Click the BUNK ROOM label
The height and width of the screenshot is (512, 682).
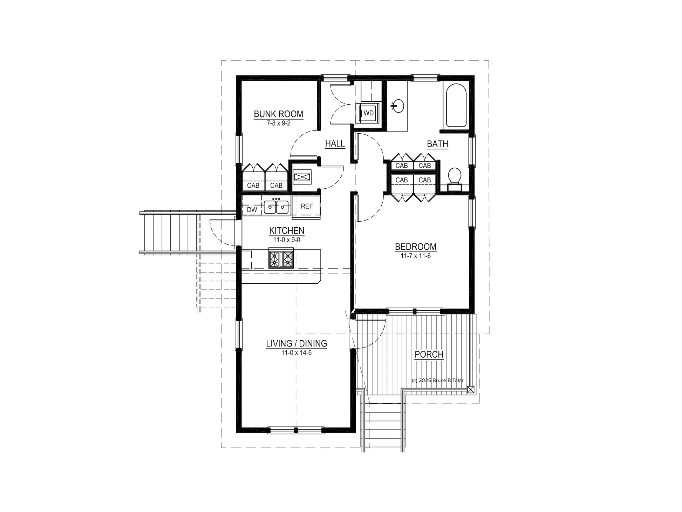click(x=279, y=114)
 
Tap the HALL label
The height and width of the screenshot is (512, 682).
click(x=335, y=143)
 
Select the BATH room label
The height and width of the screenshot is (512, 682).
click(x=438, y=144)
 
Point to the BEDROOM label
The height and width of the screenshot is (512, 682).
click(x=416, y=247)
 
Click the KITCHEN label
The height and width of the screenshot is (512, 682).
click(x=287, y=230)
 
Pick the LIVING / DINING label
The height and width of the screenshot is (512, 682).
click(x=296, y=344)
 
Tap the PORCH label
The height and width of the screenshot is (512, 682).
click(x=429, y=355)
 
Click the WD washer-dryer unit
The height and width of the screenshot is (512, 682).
click(x=368, y=113)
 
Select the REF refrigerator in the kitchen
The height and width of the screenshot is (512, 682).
click(x=306, y=207)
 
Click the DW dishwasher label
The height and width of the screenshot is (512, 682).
click(x=252, y=210)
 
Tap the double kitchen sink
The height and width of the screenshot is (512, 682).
click(x=277, y=207)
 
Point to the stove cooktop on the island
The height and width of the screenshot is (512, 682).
click(x=281, y=258)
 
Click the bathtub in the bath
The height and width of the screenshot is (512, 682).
click(x=456, y=105)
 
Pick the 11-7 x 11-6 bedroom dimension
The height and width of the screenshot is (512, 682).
click(x=416, y=256)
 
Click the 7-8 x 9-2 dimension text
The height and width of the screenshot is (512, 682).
click(x=279, y=123)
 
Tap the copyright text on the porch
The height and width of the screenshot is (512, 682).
click(x=438, y=380)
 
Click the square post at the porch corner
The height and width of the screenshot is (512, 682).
click(x=471, y=389)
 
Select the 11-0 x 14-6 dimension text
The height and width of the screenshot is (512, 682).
click(x=296, y=353)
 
